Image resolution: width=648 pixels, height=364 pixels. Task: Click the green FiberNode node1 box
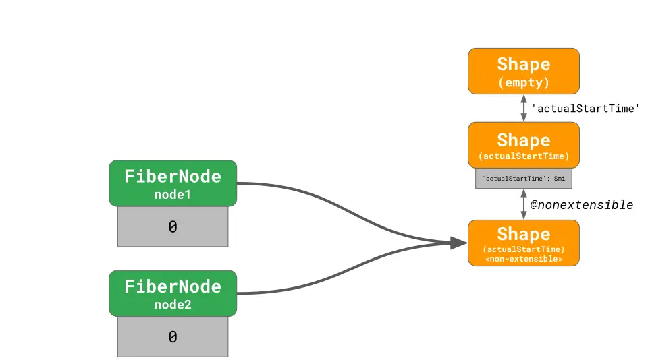[173, 183]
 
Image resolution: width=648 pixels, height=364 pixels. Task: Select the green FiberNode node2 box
[173, 293]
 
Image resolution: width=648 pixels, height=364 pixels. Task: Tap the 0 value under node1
[173, 228]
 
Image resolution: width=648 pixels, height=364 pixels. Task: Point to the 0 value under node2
[173, 337]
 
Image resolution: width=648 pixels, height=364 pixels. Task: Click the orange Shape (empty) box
[523, 71]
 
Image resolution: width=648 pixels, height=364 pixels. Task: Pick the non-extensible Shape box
[523, 243]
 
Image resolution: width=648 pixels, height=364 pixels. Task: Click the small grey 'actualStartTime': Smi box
[523, 179]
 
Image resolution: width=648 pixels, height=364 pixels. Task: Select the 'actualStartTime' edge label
[585, 108]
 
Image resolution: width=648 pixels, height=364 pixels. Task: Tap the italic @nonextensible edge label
[581, 204]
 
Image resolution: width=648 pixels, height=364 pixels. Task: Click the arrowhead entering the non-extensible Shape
[459, 243]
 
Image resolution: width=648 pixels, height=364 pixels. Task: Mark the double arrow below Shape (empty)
[523, 108]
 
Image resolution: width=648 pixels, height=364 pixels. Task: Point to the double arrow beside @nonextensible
[523, 204]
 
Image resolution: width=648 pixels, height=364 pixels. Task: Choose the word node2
[173, 305]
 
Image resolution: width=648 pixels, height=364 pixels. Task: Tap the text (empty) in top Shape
[523, 83]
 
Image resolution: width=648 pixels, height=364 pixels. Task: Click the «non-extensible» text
[523, 259]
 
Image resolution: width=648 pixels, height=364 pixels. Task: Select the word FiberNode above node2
[173, 286]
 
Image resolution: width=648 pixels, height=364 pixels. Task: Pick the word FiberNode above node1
[173, 176]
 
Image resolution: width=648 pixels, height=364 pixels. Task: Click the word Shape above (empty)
[523, 64]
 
